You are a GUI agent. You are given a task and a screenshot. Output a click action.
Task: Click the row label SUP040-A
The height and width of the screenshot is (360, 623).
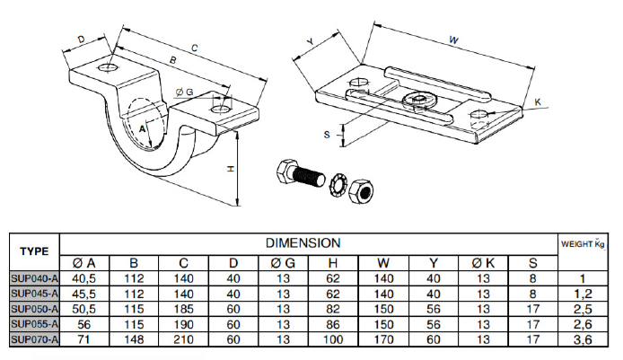[34, 278]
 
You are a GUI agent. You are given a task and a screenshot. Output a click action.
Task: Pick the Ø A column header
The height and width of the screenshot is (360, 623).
[84, 263]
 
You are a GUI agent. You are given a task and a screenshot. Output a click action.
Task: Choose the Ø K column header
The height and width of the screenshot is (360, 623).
[481, 263]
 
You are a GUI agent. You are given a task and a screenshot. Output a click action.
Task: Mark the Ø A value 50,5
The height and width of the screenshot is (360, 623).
[84, 308]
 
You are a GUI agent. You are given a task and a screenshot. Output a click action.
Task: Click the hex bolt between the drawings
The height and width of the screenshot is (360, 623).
[300, 174]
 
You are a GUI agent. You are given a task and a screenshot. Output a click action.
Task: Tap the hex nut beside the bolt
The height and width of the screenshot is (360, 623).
[361, 189]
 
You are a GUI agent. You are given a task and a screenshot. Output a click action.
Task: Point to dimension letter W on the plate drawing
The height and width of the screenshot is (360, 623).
[454, 40]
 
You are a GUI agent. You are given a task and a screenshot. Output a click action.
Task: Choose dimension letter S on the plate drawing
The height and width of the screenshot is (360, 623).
[328, 133]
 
